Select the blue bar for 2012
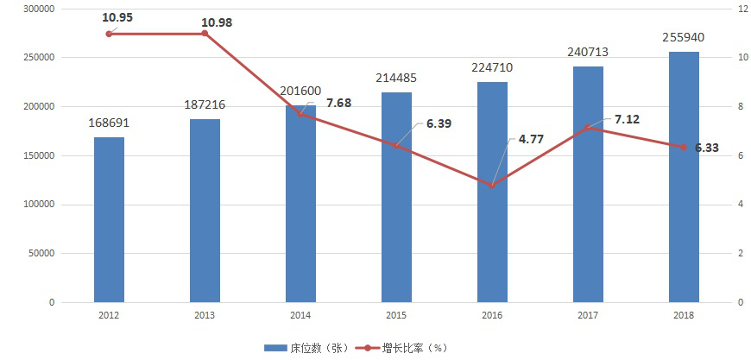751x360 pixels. click(109, 220)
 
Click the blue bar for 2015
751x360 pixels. click(396, 198)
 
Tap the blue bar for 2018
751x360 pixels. click(684, 177)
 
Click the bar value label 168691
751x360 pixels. click(109, 123)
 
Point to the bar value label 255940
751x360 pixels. click(684, 37)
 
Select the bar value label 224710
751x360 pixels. click(492, 67)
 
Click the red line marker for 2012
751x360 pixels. click(109, 34)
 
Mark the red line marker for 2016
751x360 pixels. click(492, 186)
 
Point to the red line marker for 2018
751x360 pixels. click(684, 148)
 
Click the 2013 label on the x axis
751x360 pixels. click(205, 316)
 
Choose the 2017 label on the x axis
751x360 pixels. click(588, 316)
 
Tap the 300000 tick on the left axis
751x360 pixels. click(40, 9)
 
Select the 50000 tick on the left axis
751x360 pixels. click(42, 254)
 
